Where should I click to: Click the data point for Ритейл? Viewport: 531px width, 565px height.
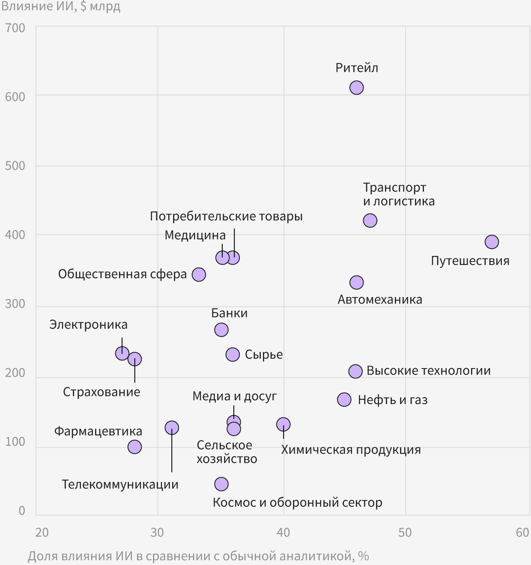pyautogui.click(x=356, y=88)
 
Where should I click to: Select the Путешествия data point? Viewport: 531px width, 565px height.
pyautogui.click(x=492, y=242)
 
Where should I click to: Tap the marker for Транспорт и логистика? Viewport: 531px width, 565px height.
pyautogui.click(x=370, y=220)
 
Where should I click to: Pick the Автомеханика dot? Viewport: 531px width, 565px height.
pyautogui.click(x=356, y=282)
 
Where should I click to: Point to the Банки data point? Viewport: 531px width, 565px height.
pyautogui.click(x=221, y=330)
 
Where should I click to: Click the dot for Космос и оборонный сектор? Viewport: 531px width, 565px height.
pyautogui.click(x=221, y=484)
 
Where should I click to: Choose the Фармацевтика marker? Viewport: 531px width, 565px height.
pyautogui.click(x=134, y=447)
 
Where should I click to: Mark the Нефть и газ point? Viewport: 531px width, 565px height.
pyautogui.click(x=344, y=399)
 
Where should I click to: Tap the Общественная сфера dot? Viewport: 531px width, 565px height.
pyautogui.click(x=199, y=274)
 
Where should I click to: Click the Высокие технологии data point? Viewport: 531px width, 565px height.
pyautogui.click(x=355, y=371)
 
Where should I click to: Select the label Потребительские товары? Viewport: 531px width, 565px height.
pyautogui.click(x=226, y=217)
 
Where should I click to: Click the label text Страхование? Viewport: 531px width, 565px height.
pyautogui.click(x=101, y=392)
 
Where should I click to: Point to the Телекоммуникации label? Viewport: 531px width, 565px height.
pyautogui.click(x=120, y=485)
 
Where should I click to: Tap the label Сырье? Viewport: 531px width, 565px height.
pyautogui.click(x=264, y=355)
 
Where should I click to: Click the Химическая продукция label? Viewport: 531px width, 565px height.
pyautogui.click(x=351, y=450)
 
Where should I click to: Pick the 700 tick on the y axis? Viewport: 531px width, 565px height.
pyautogui.click(x=15, y=28)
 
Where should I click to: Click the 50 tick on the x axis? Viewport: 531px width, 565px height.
pyautogui.click(x=405, y=532)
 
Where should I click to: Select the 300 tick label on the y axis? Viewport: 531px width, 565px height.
pyautogui.click(x=15, y=304)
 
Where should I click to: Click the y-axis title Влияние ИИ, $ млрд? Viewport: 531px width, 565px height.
pyautogui.click(x=60, y=7)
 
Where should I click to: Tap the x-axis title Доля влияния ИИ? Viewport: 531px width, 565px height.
pyautogui.click(x=198, y=556)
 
